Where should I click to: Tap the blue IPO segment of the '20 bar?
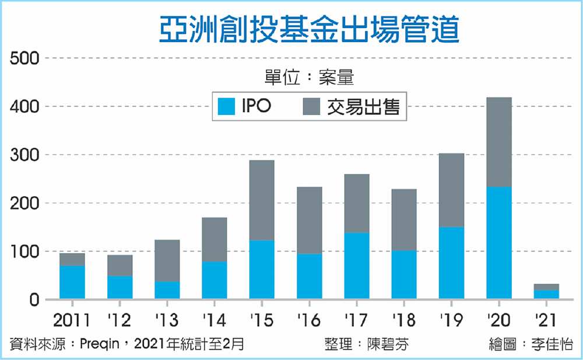[499, 242]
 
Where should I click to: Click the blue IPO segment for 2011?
[72, 282]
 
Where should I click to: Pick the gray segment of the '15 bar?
[262, 200]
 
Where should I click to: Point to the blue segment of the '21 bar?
[546, 294]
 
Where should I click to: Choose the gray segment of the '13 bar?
[167, 260]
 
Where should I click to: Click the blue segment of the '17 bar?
[357, 265]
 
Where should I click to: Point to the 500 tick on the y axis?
[24, 58]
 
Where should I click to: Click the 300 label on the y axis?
[24, 155]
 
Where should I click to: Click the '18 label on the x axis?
[404, 320]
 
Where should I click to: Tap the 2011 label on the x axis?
[72, 320]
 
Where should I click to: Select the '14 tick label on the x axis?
[214, 320]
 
